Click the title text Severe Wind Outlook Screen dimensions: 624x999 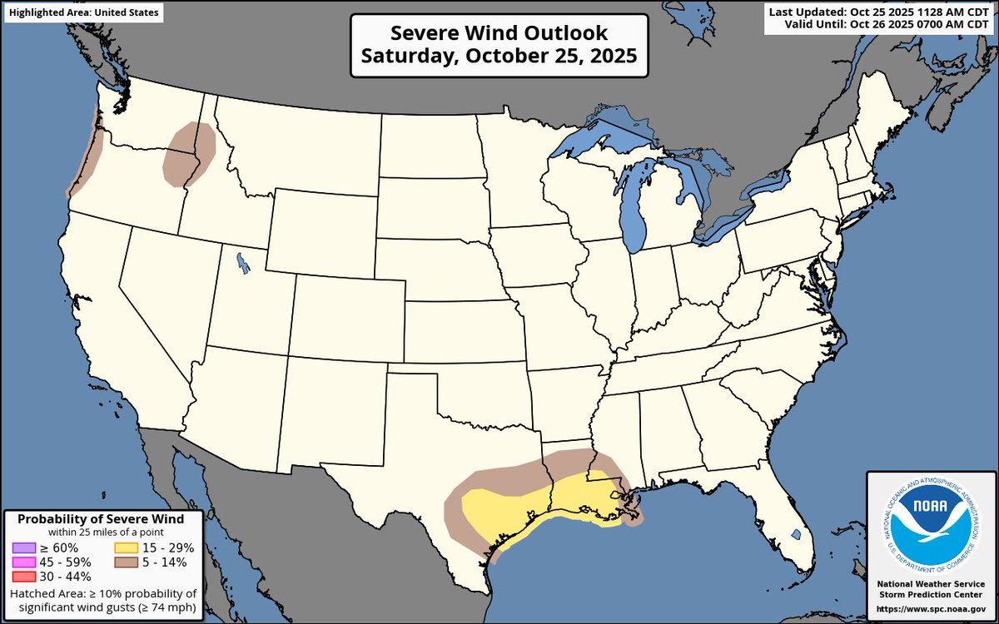(x=499, y=33)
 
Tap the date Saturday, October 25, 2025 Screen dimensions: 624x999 (x=499, y=57)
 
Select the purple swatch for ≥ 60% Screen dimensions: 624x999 (x=24, y=547)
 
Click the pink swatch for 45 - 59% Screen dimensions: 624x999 (x=24, y=562)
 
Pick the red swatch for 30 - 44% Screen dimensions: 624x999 (x=24, y=576)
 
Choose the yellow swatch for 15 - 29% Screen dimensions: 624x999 (x=127, y=547)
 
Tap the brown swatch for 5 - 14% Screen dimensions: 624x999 (x=127, y=562)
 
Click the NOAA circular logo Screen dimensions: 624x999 (x=931, y=524)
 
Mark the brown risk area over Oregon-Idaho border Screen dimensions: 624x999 (x=189, y=154)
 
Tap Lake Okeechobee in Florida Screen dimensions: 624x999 (x=796, y=533)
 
